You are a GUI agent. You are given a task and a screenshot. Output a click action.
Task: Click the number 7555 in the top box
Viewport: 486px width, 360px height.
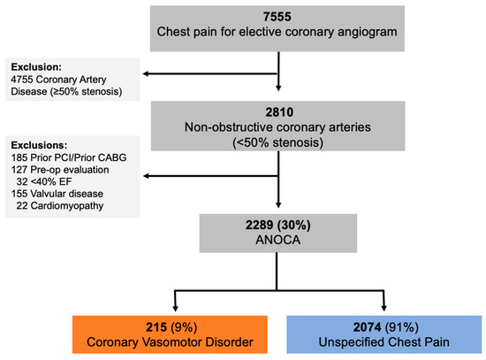coord(279,18)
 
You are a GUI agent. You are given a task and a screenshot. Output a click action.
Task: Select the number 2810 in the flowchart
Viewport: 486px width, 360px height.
coord(279,114)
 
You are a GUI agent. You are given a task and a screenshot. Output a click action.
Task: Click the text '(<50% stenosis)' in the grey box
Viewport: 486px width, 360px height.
coord(279,140)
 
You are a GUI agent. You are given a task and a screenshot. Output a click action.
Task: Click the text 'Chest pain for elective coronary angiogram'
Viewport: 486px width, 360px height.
coord(279,34)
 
